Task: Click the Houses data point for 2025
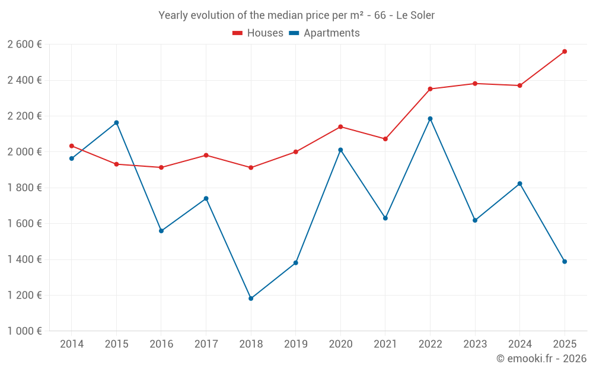coord(565,52)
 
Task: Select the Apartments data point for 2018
coord(251,299)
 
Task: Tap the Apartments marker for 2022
coord(430,119)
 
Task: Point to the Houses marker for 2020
coord(340,127)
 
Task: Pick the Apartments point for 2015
coord(116,123)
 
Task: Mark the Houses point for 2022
coord(430,89)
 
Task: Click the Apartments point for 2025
coord(565,262)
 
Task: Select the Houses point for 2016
coord(161,167)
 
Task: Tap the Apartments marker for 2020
coord(340,150)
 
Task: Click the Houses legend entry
coord(258,33)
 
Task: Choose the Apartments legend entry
coord(324,33)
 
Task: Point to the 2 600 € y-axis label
coord(24,45)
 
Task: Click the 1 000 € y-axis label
coord(24,331)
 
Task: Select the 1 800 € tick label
coord(24,188)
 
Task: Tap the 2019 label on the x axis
coord(296,344)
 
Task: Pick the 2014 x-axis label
coord(72,344)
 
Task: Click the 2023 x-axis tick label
coord(475,344)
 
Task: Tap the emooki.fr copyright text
coord(541,358)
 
